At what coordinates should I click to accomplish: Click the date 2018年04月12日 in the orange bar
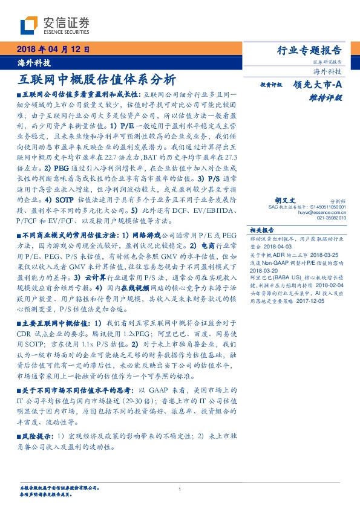53,50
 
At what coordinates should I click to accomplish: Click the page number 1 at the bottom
180,488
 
